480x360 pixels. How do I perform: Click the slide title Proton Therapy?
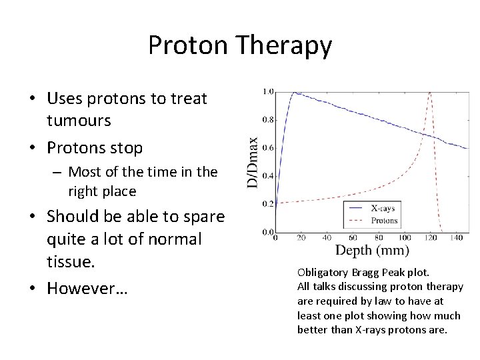[239, 45]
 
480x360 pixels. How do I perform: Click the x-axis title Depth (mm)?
[371, 251]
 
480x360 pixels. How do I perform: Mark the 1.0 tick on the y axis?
[267, 91]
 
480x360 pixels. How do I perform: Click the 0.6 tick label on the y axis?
[267, 147]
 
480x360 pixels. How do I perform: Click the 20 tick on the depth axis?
[301, 238]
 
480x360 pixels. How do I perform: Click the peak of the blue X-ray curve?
[294, 92]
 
